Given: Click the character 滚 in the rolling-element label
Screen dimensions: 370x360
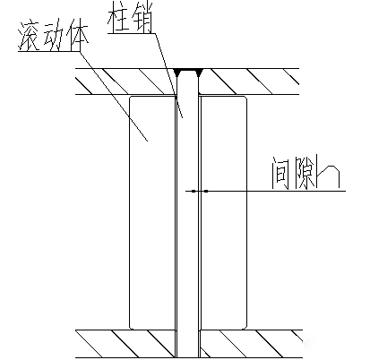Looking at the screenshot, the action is (x=30, y=37).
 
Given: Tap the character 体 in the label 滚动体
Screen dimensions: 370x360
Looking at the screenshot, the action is (x=79, y=37).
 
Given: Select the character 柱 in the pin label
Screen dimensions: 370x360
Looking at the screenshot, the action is (x=119, y=18).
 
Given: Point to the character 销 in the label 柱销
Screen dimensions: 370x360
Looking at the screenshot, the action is (x=142, y=17).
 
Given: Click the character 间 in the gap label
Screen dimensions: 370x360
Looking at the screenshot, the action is (x=280, y=173).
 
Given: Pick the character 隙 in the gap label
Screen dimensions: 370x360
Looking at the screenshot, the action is (x=305, y=173).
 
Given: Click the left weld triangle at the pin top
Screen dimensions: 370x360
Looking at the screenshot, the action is (x=177, y=73).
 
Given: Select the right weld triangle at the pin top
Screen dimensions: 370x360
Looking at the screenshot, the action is (x=199, y=73).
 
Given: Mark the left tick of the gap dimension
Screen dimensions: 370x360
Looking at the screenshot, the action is (x=194, y=191).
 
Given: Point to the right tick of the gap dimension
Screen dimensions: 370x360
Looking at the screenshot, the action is (x=206, y=191).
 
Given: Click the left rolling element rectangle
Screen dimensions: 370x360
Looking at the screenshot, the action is (x=152, y=212).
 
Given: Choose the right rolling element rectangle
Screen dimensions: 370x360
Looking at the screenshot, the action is (x=224, y=212).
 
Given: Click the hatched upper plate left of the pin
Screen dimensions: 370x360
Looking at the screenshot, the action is (x=125, y=81).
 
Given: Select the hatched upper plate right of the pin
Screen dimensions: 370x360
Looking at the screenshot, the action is (x=249, y=81).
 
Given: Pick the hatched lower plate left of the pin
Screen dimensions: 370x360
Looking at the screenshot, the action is (x=125, y=344).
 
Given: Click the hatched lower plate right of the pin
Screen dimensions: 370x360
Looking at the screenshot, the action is (x=251, y=344).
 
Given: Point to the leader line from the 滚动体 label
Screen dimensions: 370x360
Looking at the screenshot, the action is (x=114, y=96).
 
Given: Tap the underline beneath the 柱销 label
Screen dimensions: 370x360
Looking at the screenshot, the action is (x=132, y=33).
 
